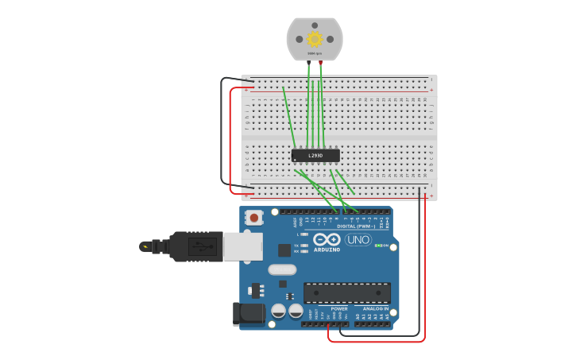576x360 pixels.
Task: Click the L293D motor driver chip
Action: coord(315,155)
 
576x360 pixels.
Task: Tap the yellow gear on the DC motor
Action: coord(315,38)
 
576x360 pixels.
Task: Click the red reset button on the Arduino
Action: coord(254,217)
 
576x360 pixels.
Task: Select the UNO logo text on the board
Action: coord(358,239)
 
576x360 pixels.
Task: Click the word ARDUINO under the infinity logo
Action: coord(327,250)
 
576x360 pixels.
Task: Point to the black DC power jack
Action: coord(249,313)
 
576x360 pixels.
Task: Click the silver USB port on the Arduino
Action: coord(242,246)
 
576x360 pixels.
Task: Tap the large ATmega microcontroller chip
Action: coord(346,292)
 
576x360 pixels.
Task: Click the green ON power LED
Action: coord(378,246)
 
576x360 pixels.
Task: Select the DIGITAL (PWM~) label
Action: coord(356,226)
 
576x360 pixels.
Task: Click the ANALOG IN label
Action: coord(376,308)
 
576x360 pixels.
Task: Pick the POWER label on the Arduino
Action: coord(339,308)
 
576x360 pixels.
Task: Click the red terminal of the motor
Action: coord(321,61)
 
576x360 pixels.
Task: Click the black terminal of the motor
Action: coord(308,61)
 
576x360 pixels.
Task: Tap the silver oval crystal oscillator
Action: coord(282,269)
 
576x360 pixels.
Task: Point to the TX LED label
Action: coord(296,245)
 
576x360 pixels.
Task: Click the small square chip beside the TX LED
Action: coord(284,250)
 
